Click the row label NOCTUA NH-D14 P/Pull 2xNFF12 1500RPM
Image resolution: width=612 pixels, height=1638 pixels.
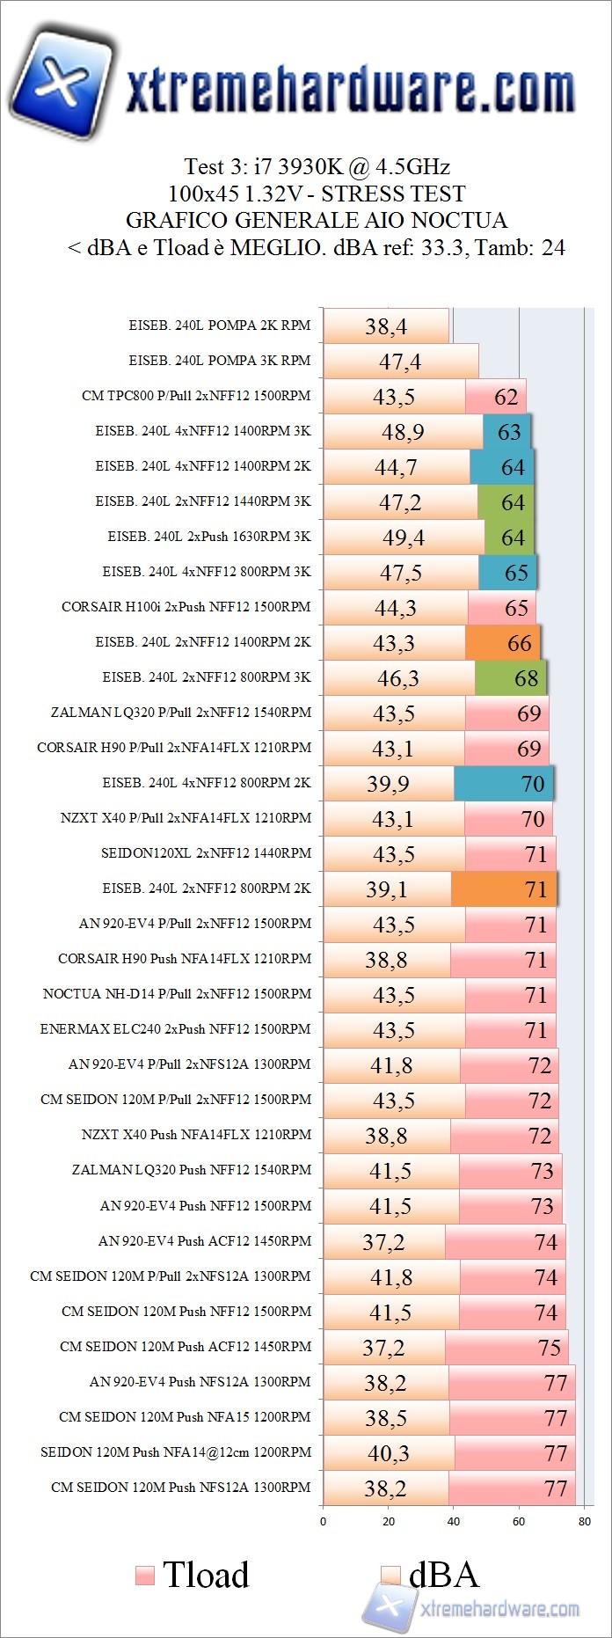click(177, 994)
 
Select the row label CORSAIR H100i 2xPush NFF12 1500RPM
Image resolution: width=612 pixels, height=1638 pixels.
click(186, 607)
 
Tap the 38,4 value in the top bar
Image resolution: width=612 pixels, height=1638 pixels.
click(386, 326)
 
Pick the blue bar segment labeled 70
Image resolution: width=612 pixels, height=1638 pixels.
click(503, 784)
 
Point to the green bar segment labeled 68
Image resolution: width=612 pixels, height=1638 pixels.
click(510, 678)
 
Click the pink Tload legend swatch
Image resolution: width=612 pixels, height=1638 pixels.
click(145, 1576)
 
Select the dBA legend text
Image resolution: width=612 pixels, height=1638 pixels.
click(444, 1575)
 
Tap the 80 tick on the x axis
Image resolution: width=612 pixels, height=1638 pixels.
click(585, 1521)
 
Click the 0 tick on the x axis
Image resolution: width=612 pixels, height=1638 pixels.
click(323, 1521)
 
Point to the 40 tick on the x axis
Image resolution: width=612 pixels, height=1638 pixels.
click(454, 1521)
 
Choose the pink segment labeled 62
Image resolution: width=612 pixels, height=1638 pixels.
click(496, 397)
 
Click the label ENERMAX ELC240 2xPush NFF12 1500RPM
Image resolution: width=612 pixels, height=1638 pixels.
click(175, 1029)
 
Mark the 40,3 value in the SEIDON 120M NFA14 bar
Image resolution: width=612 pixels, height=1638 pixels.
click(388, 1453)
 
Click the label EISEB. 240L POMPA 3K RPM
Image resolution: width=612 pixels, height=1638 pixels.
click(219, 361)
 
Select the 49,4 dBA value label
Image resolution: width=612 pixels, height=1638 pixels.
click(404, 537)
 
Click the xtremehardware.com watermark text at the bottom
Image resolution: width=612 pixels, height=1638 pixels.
click(499, 1609)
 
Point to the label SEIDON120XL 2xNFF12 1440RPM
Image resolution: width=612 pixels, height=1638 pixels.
click(206, 853)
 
